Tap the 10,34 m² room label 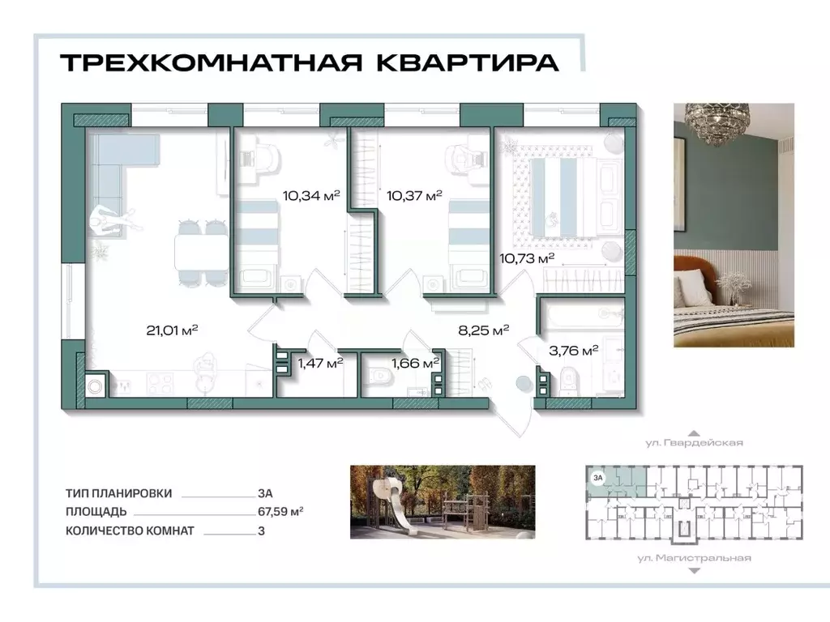click(x=310, y=194)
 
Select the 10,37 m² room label click(x=414, y=194)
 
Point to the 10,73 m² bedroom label click(x=527, y=258)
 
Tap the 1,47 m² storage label click(x=320, y=364)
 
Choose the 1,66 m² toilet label click(x=416, y=364)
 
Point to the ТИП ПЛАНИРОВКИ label click(x=119, y=492)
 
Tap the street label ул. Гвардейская click(x=694, y=443)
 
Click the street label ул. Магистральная click(x=694, y=557)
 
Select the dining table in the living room click(x=198, y=253)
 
